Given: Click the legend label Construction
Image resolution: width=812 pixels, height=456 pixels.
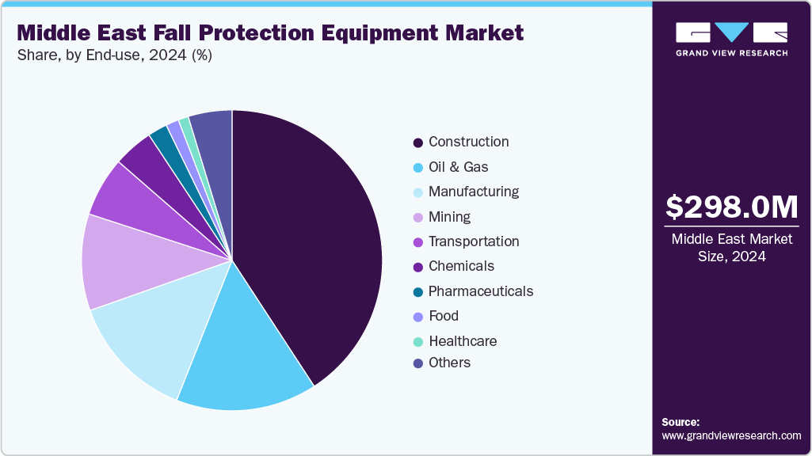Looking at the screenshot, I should point(468,142).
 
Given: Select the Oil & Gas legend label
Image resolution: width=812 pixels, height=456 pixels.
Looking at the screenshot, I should point(458,167).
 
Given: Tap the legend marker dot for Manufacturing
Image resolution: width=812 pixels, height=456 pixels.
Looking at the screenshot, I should point(417,192).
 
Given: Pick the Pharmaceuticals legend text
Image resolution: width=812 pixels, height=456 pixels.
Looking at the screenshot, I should point(480,291).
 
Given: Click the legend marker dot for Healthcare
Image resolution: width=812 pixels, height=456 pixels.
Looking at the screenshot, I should point(417,341).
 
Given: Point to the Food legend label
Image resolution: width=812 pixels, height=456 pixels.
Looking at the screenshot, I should point(443,316).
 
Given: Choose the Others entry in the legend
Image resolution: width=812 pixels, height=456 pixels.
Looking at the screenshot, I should point(449,363).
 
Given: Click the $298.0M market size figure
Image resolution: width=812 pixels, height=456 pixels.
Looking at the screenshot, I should point(731,207).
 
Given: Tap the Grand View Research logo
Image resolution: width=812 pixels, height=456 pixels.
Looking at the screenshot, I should point(731,39).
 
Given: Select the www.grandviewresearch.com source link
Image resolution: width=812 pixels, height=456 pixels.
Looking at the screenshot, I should point(731,436).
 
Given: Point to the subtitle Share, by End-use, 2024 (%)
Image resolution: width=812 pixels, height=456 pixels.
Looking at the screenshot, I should point(114,55).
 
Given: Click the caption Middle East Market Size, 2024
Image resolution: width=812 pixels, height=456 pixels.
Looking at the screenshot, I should point(731,248).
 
